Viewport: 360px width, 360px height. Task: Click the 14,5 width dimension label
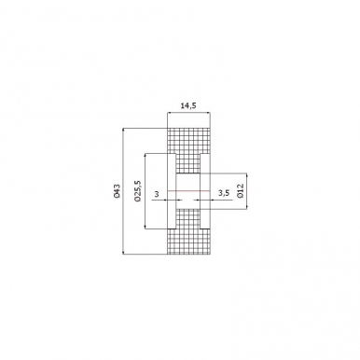(x=188, y=106)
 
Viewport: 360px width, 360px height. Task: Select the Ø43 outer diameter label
(x=117, y=191)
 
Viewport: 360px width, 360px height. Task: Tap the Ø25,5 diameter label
(x=138, y=190)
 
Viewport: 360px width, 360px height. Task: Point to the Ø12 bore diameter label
(x=241, y=191)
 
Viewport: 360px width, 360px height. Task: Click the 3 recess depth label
(x=157, y=194)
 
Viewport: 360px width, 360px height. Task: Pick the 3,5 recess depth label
(x=224, y=193)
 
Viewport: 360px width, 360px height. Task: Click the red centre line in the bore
(x=188, y=190)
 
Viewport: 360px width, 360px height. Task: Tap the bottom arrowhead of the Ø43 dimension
(x=124, y=252)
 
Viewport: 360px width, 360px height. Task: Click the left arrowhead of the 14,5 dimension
(x=170, y=114)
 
